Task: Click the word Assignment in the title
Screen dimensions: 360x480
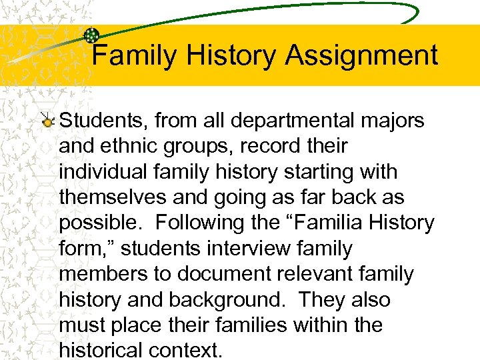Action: pos(361,56)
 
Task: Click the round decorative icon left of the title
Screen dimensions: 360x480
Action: pos(91,35)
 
